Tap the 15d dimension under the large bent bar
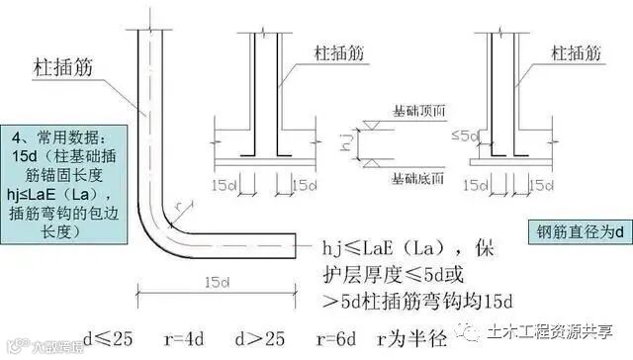tap(215, 284)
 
